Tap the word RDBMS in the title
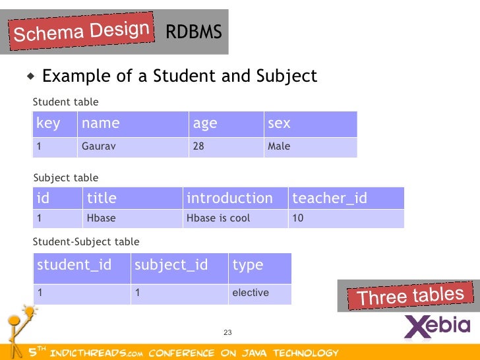(193, 32)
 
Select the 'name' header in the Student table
(101, 123)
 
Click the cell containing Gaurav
(98, 146)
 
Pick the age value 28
(198, 146)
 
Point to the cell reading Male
(279, 146)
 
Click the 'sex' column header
(279, 123)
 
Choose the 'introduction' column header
(229, 198)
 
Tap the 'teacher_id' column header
(329, 198)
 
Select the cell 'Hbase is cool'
(218, 218)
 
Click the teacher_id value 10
(297, 218)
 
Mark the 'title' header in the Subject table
(102, 198)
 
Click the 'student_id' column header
(75, 265)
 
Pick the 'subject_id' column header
(171, 265)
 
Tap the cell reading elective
(251, 292)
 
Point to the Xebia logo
(436, 326)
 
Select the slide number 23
(229, 332)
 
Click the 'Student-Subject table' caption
(86, 242)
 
